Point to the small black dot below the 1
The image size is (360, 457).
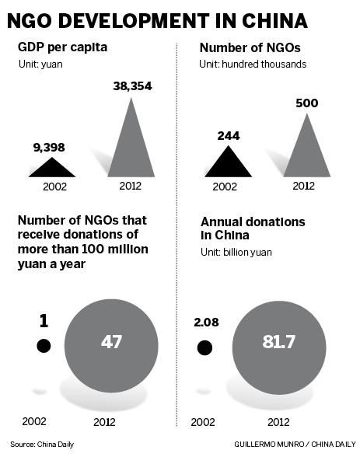click(44, 346)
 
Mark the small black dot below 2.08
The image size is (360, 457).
click(204, 347)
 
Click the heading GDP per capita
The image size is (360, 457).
click(64, 47)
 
